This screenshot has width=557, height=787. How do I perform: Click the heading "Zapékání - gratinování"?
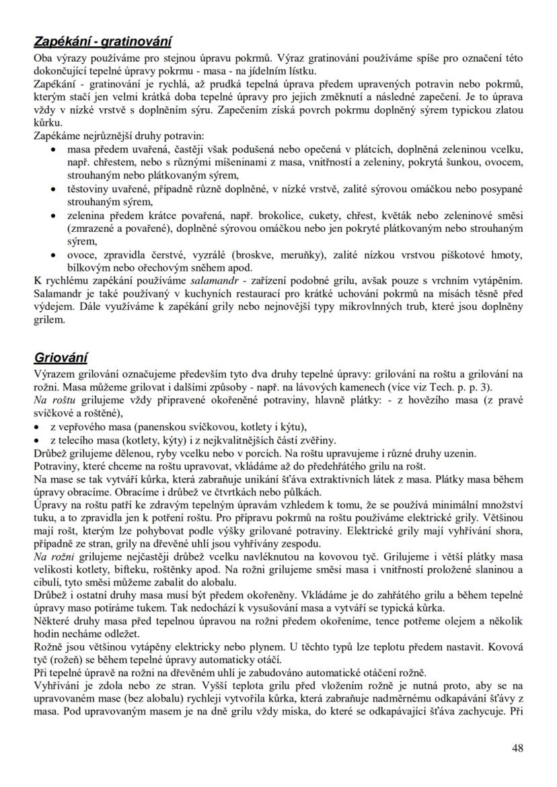(103, 42)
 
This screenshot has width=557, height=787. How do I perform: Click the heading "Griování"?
(61, 358)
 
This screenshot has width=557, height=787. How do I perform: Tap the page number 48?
(517, 747)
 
